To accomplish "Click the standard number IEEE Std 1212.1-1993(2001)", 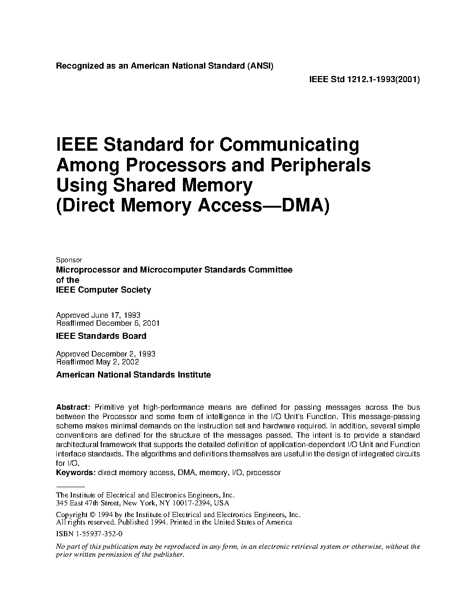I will [364, 79].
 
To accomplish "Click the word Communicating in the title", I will [289, 145].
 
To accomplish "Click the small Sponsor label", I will [69, 260].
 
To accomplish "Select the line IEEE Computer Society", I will [104, 290].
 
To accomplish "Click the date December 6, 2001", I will [128, 322].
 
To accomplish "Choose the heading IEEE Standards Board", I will [101, 336].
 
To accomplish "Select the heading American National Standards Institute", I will [133, 375].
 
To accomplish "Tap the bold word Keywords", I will [76, 473].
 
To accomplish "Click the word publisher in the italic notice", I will [168, 555].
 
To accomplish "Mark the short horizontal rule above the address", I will [67, 487].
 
